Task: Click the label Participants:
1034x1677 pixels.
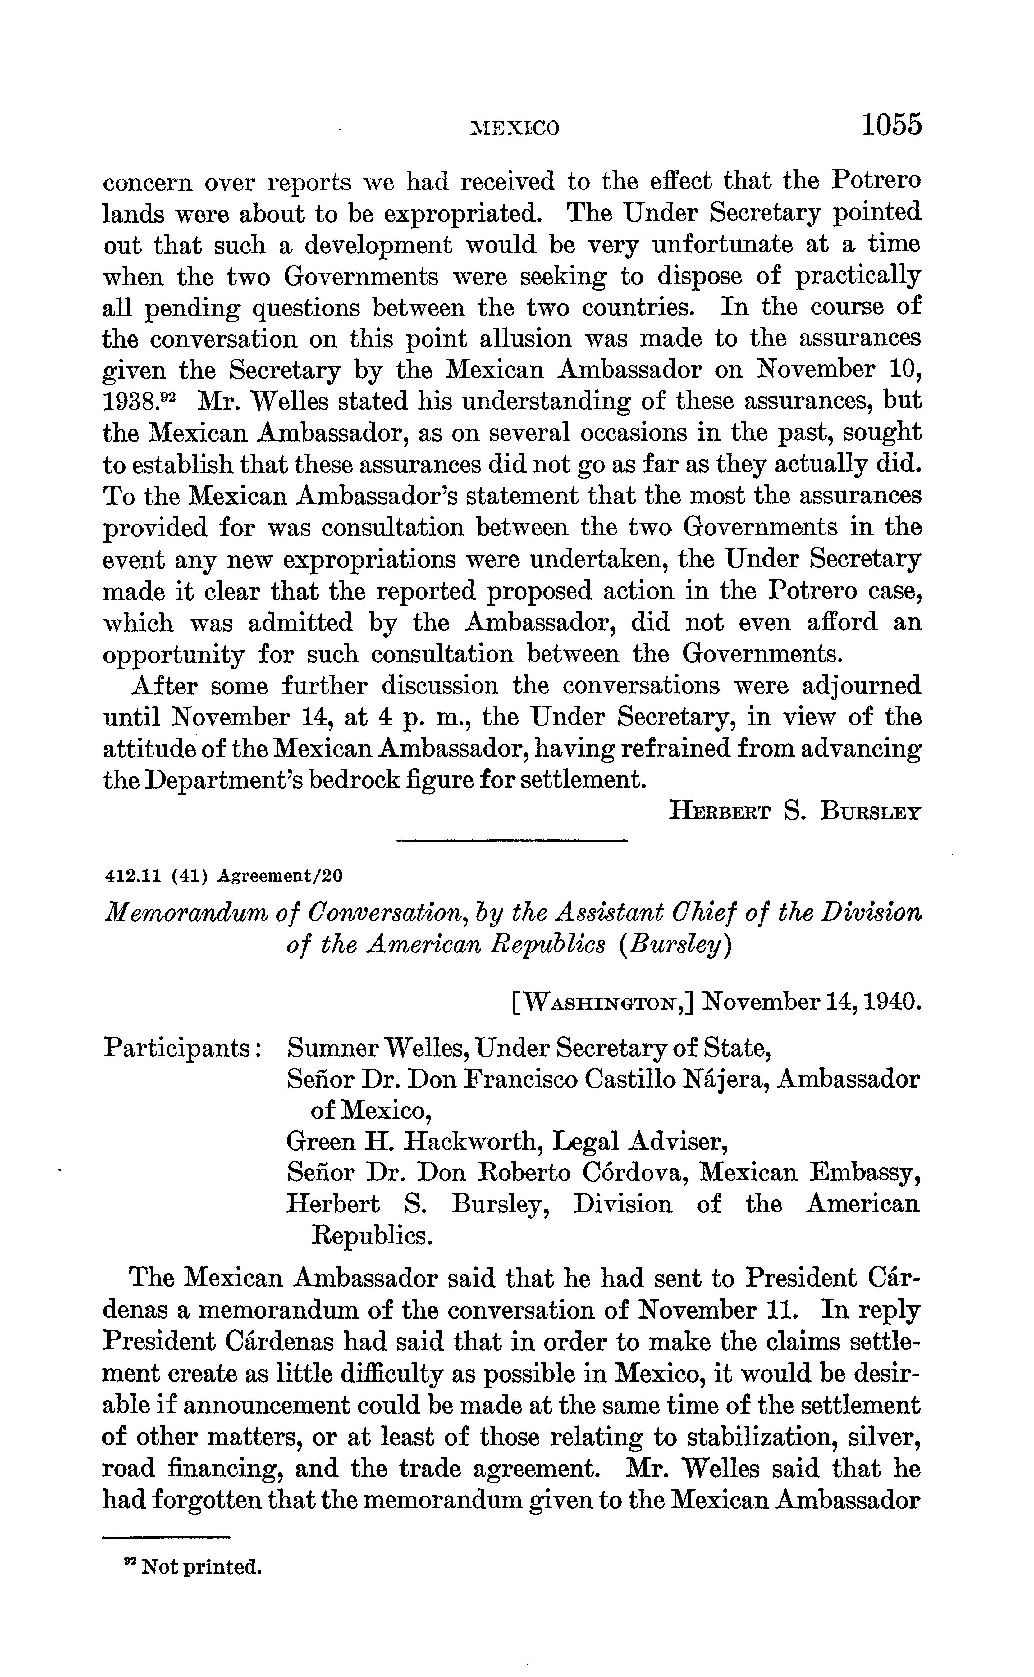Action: (183, 1047)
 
